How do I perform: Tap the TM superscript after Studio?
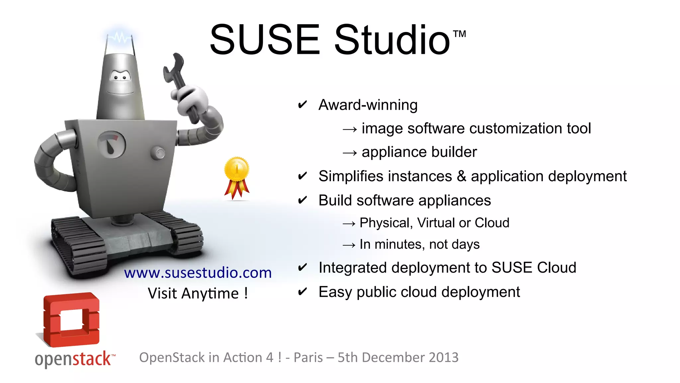click(460, 34)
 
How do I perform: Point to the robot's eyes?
click(120, 77)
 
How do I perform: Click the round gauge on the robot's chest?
click(112, 145)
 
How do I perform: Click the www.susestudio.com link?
click(198, 273)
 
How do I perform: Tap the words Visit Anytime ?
click(198, 294)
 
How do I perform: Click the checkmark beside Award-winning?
click(302, 105)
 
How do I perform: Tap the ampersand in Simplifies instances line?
click(462, 176)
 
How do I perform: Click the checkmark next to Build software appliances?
click(302, 200)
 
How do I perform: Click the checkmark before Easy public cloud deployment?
click(302, 292)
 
